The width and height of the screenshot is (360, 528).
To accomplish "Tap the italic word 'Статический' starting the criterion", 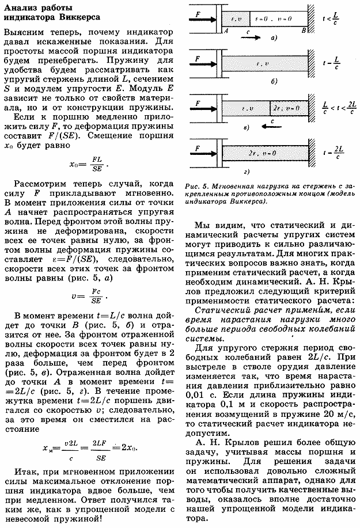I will (213, 310).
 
